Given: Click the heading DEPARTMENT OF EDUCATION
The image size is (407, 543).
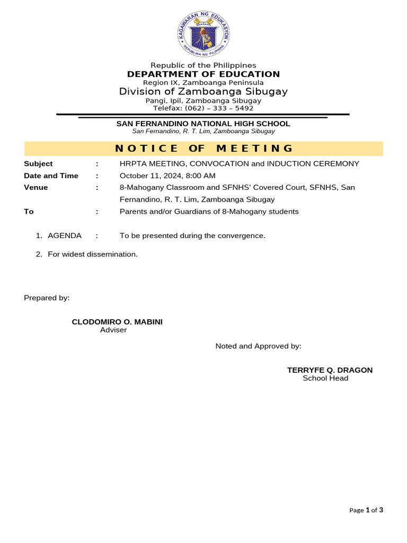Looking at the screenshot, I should tap(203, 74).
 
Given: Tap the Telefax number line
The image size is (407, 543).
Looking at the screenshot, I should tap(203, 108).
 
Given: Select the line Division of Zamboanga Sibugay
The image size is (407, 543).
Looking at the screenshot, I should tap(203, 91).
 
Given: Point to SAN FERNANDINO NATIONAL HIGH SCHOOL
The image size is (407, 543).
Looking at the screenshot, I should tap(203, 124).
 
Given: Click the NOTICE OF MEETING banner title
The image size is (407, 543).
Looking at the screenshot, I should tap(203, 148).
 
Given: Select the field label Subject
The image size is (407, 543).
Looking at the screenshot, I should tap(38, 164).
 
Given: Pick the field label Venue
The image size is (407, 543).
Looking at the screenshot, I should tap(36, 187).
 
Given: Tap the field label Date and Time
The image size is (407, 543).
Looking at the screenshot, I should tap(51, 176).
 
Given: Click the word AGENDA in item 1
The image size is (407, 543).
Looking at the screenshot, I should tap(65, 235).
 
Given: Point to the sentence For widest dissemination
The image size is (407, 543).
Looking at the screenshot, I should tap(93, 254).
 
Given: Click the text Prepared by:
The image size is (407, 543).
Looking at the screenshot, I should tap(47, 298).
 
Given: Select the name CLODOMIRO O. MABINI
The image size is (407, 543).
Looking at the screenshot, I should tap(117, 322).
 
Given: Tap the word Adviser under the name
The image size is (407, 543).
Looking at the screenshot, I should tap(113, 330).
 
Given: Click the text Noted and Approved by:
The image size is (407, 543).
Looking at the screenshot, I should tap(258, 346).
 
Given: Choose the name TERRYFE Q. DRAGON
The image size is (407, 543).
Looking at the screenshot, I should tap(330, 370).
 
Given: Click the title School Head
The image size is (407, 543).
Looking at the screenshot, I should tap(325, 378).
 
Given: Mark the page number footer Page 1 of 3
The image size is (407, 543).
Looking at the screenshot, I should tap(366, 510).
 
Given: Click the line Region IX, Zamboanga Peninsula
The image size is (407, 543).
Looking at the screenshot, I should tap(203, 83).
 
